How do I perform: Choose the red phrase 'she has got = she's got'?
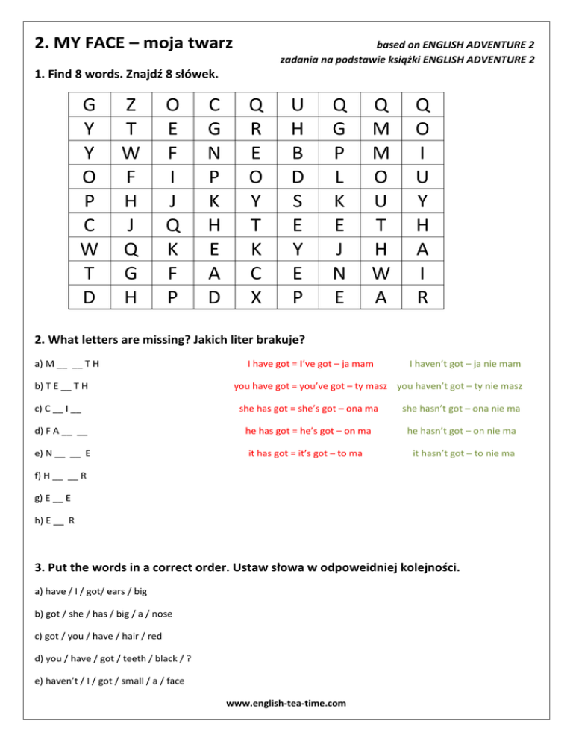[308, 409]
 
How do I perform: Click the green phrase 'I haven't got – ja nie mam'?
[464, 364]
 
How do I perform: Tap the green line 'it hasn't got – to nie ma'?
[464, 453]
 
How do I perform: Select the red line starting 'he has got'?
[308, 430]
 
